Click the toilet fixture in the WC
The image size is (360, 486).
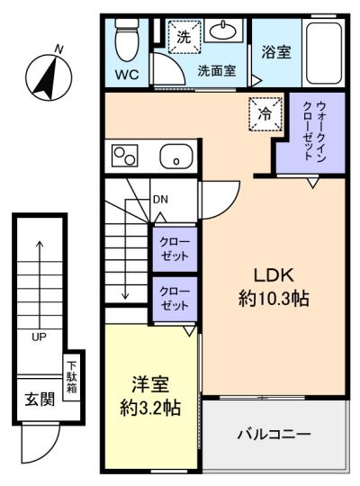(127, 40)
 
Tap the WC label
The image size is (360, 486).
(127, 75)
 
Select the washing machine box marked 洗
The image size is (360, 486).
(184, 37)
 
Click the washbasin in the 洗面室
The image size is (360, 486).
(223, 31)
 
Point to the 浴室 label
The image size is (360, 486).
(276, 52)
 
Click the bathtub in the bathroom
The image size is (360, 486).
(324, 53)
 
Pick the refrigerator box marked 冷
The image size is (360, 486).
(265, 114)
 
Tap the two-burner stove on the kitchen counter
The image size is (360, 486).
(125, 156)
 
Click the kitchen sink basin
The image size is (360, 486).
(176, 156)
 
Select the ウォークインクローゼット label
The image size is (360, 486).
(314, 131)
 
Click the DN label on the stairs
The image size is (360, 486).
(160, 199)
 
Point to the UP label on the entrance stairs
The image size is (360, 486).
(39, 337)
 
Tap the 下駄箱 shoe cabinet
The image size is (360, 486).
(72, 377)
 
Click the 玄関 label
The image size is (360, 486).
(40, 400)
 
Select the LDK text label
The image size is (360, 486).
(274, 275)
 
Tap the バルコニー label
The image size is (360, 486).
(274, 434)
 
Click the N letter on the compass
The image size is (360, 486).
(58, 49)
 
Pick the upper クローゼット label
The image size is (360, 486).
(175, 249)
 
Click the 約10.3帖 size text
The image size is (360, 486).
(274, 299)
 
